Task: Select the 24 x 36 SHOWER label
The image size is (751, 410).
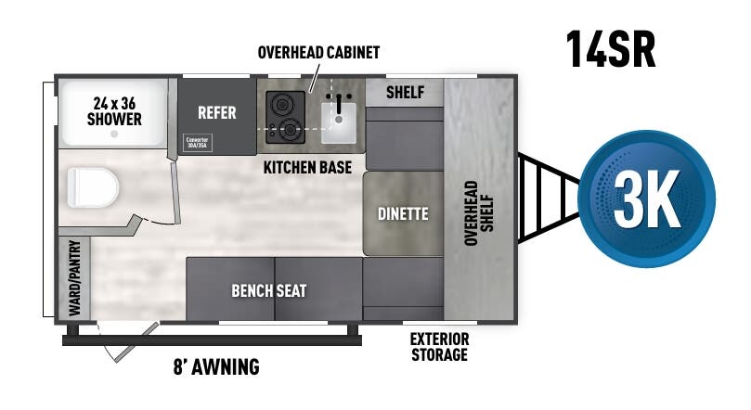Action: [114, 111]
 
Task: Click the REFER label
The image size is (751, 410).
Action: [216, 113]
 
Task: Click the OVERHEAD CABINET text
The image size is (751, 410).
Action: [318, 53]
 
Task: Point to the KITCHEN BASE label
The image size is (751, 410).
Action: [307, 168]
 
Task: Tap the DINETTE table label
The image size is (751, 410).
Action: [403, 213]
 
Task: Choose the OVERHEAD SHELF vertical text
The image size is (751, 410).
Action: [478, 212]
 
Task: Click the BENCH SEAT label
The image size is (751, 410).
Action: [268, 290]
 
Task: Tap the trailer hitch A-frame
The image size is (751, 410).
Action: [546, 198]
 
